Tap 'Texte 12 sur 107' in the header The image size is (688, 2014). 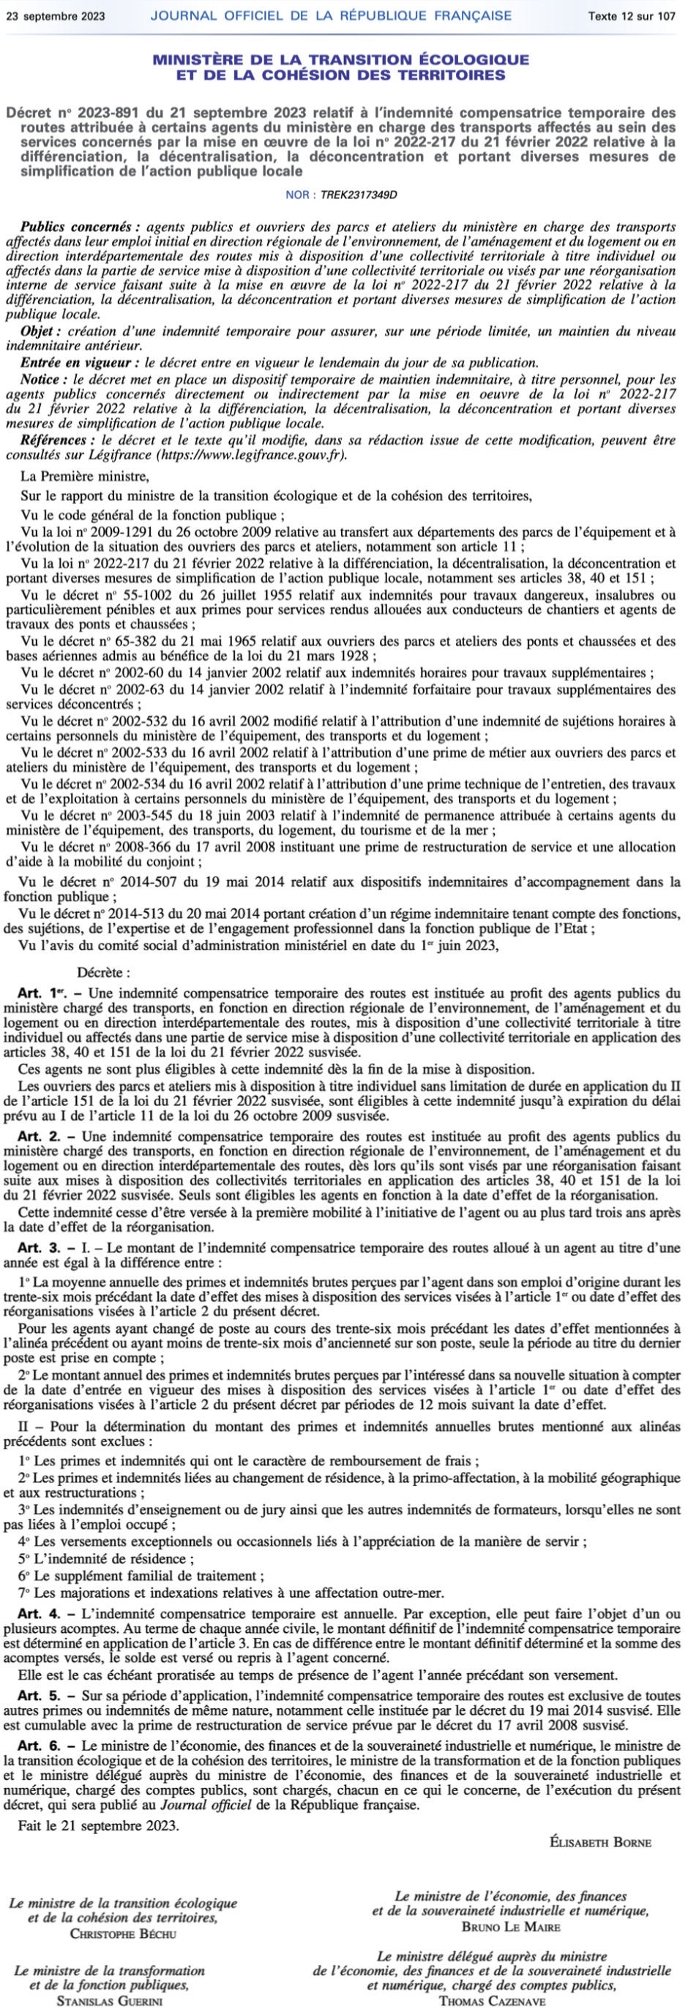pos(632,15)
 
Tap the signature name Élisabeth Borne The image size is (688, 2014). pos(599,1841)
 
